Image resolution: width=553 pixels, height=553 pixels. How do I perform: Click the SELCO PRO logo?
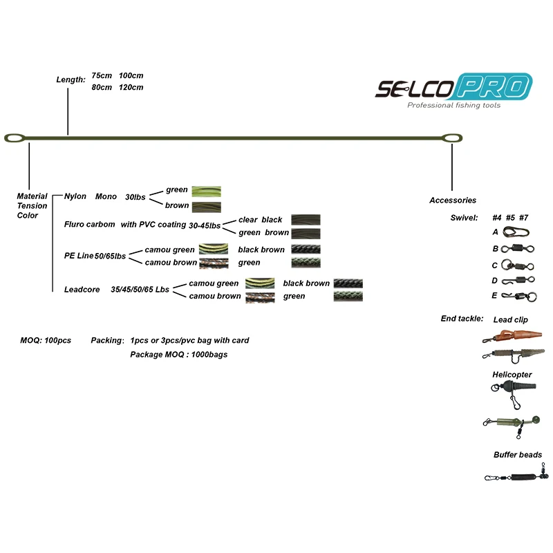pyautogui.click(x=453, y=88)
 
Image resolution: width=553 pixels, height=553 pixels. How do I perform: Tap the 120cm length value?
pyautogui.click(x=131, y=88)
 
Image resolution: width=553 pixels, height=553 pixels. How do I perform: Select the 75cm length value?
pyautogui.click(x=102, y=75)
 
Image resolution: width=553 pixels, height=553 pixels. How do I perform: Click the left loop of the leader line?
pyautogui.click(x=16, y=137)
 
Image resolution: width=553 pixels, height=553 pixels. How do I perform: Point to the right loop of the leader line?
pyautogui.click(x=452, y=138)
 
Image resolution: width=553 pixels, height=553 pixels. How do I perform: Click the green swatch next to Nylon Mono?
pyautogui.click(x=206, y=191)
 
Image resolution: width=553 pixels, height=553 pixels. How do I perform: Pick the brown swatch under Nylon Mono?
pyautogui.click(x=206, y=206)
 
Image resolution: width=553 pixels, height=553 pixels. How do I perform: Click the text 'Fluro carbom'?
pyautogui.click(x=90, y=224)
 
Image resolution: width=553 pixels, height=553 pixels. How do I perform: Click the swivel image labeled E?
pyautogui.click(x=519, y=297)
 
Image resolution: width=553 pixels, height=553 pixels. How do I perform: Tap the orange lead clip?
pyautogui.click(x=512, y=337)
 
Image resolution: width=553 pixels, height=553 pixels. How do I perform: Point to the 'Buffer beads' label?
pyautogui.click(x=518, y=455)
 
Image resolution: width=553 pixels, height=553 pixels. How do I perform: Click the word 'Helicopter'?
pyautogui.click(x=512, y=375)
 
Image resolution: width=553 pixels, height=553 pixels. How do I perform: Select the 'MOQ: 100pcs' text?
pyautogui.click(x=46, y=341)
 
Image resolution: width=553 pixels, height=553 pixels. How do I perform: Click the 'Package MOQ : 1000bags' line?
pyautogui.click(x=178, y=355)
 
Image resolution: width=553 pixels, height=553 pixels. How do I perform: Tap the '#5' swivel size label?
pyautogui.click(x=510, y=218)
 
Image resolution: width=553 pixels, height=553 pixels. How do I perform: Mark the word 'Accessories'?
pyautogui.click(x=453, y=200)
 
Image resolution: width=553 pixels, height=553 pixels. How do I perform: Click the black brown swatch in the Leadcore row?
pyautogui.click(x=348, y=283)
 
